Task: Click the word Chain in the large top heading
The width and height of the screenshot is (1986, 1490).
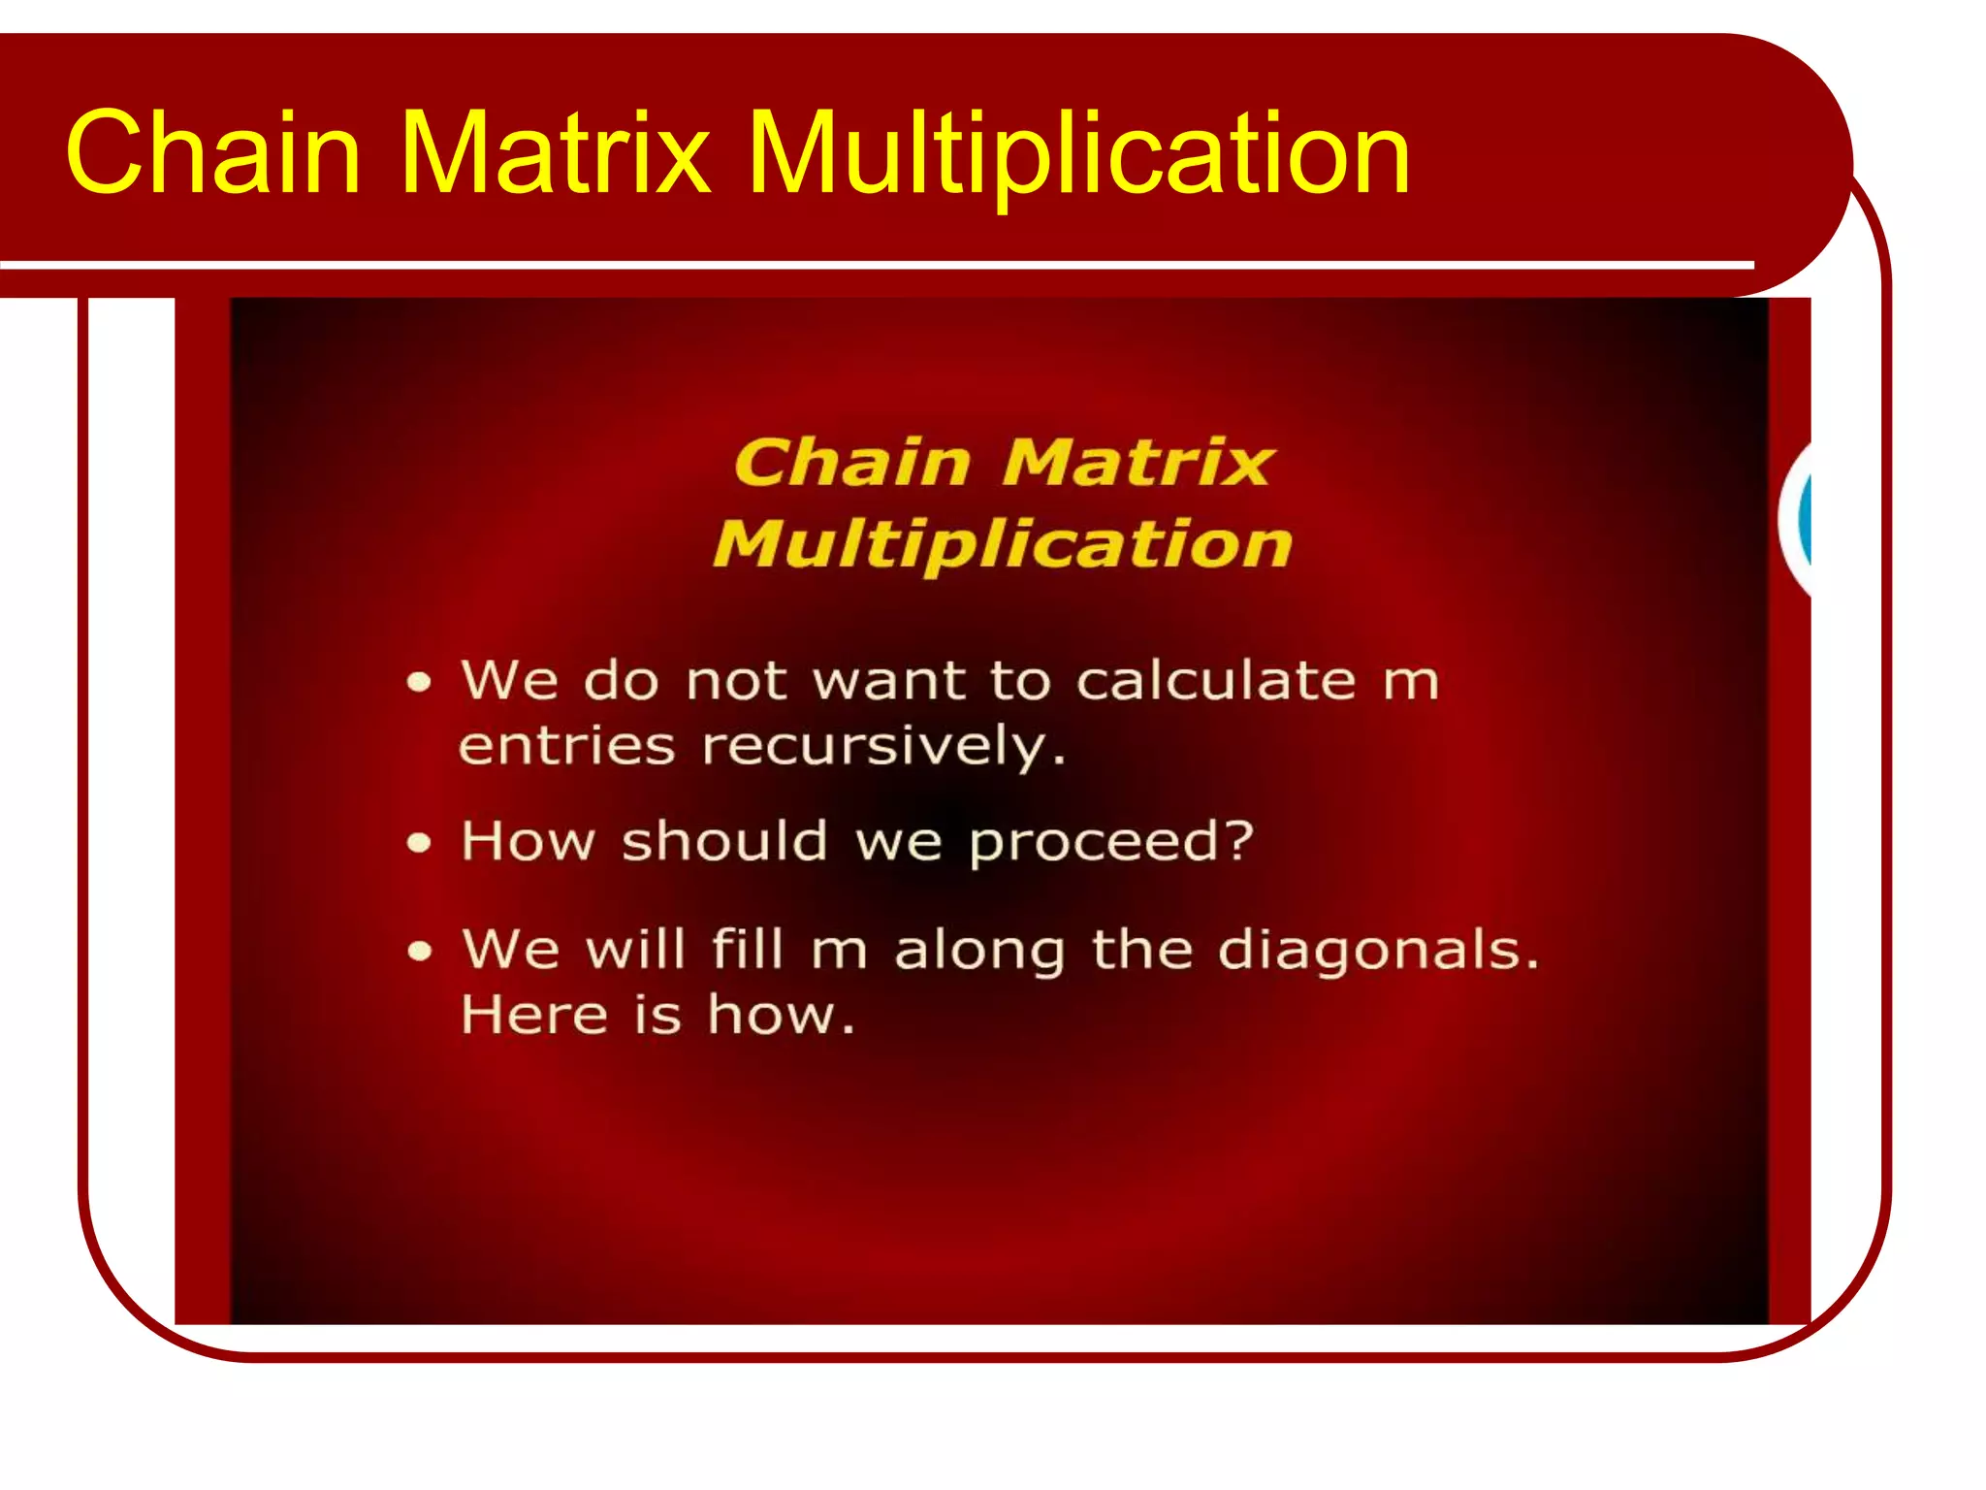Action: tap(213, 153)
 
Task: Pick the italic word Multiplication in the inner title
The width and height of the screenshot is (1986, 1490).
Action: tap(1003, 545)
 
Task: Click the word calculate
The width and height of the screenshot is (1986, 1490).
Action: tap(1216, 680)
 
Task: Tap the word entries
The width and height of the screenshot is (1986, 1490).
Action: tap(566, 747)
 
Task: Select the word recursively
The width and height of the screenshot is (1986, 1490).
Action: tap(882, 748)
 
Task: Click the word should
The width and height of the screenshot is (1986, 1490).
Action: tap(724, 840)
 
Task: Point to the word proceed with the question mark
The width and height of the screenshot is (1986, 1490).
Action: tap(1111, 842)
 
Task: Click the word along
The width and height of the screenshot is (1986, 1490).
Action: tap(979, 951)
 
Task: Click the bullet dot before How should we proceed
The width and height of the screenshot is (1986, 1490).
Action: tap(419, 842)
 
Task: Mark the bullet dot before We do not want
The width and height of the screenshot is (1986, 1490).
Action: tap(419, 682)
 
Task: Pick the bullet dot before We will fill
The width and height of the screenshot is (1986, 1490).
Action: tap(419, 951)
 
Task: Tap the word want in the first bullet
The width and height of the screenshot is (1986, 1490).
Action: tap(889, 681)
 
